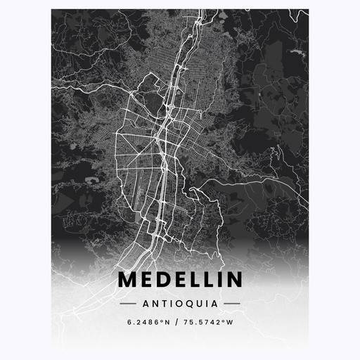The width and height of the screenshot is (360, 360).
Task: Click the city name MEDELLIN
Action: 180,280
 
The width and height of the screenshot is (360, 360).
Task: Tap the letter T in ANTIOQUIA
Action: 162,304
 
